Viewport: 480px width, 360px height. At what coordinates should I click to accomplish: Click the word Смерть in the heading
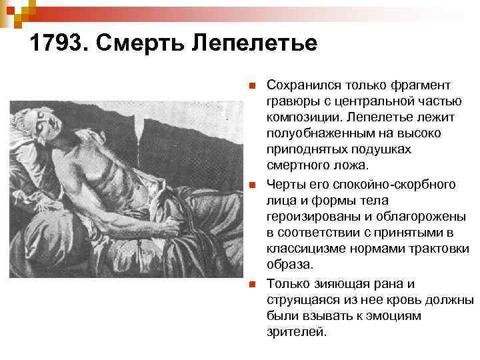click(x=137, y=45)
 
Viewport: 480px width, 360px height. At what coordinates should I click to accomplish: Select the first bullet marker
click(x=251, y=86)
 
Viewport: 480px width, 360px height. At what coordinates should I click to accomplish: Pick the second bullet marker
click(x=251, y=185)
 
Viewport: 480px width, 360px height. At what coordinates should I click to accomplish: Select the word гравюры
click(x=291, y=102)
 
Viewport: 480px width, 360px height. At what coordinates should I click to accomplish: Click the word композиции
click(x=300, y=118)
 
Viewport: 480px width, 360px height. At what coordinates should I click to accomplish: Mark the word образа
click(x=285, y=265)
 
